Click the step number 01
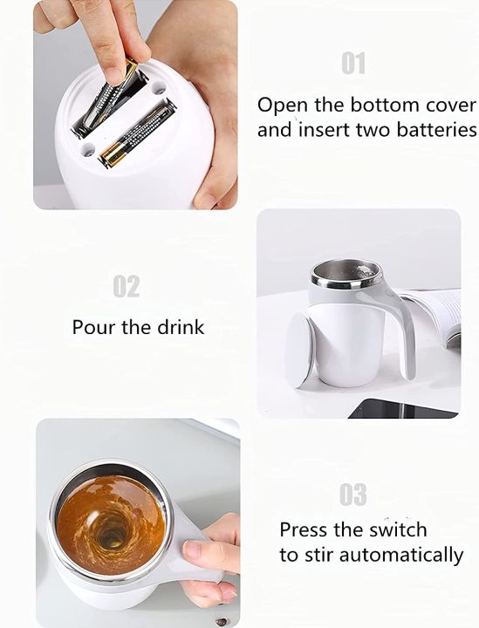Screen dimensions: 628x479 click(x=353, y=64)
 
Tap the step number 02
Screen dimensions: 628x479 click(x=127, y=287)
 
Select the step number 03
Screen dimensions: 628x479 click(x=353, y=495)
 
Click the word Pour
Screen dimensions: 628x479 click(x=93, y=328)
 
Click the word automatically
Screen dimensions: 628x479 click(x=401, y=555)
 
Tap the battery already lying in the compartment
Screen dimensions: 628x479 click(x=137, y=133)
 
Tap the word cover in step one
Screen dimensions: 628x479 click(x=448, y=106)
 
